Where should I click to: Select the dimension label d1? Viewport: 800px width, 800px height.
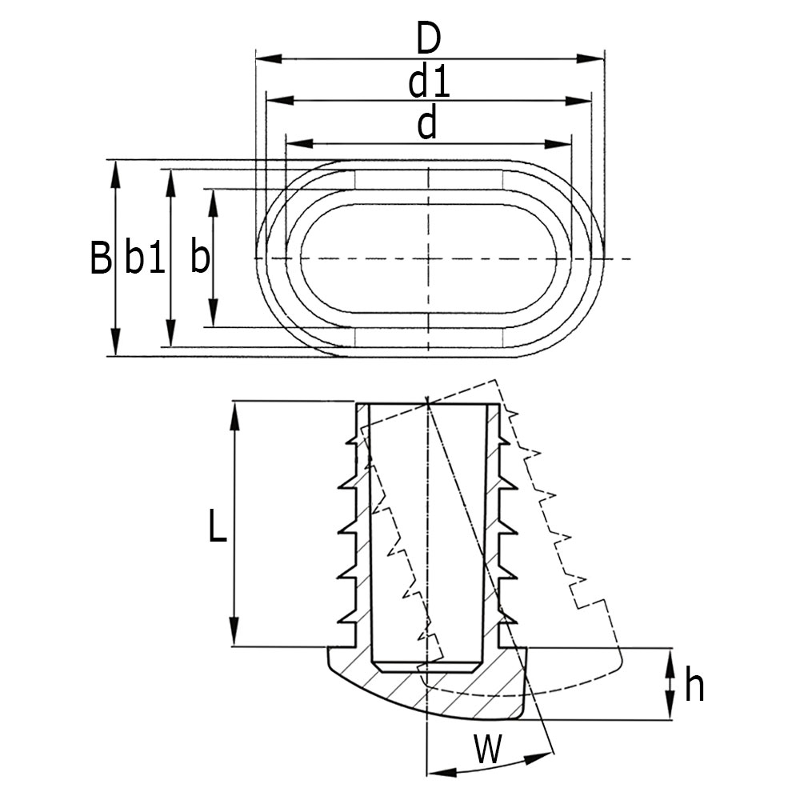click(x=429, y=82)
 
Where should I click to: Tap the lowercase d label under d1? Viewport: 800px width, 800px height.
click(x=428, y=125)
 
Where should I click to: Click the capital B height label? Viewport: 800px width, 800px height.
click(x=100, y=258)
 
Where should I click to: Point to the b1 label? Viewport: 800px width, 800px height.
click(x=145, y=258)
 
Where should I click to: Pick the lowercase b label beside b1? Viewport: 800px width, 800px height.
click(x=200, y=258)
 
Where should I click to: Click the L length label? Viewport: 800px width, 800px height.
click(x=217, y=528)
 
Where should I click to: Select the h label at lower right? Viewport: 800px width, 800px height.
click(x=694, y=686)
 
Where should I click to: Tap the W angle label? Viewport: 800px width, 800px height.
click(x=488, y=750)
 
